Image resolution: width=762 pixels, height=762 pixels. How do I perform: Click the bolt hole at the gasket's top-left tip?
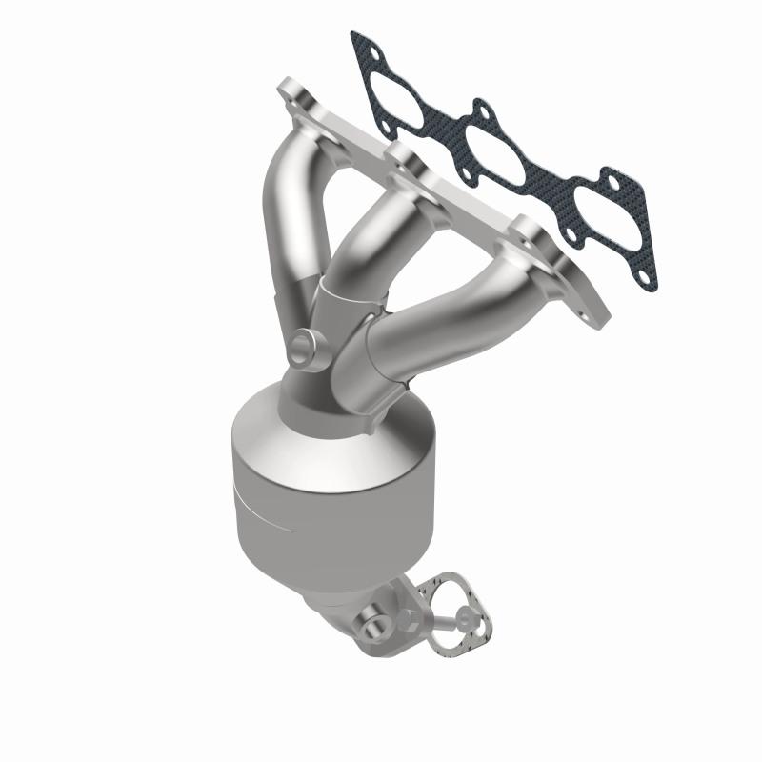[360, 43]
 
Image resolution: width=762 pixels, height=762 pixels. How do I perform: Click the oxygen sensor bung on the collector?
[305, 348]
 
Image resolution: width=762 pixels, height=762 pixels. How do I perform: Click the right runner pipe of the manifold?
[429, 324]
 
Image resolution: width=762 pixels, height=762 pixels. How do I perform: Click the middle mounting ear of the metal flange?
[401, 155]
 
